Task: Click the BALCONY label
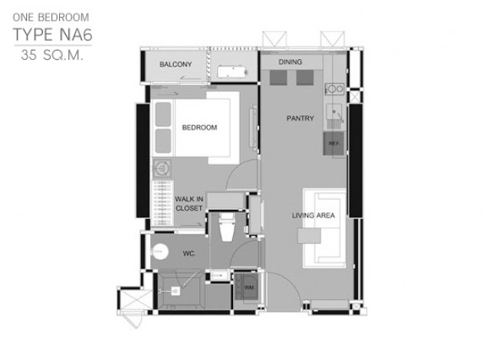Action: pyautogui.click(x=176, y=64)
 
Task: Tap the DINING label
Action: pyautogui.click(x=290, y=62)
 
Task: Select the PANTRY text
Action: pyautogui.click(x=301, y=118)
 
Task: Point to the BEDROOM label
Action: pyautogui.click(x=199, y=127)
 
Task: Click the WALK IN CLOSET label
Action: pyautogui.click(x=189, y=204)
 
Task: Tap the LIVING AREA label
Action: pyautogui.click(x=314, y=215)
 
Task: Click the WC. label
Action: pyautogui.click(x=189, y=254)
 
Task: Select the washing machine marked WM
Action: pyautogui.click(x=246, y=287)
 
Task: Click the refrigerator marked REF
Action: pyautogui.click(x=333, y=144)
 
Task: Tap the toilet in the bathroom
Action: pyautogui.click(x=227, y=227)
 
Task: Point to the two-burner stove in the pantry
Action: pyautogui.click(x=335, y=89)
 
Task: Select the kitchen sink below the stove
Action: pyautogui.click(x=334, y=110)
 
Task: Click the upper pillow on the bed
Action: pyautogui.click(x=163, y=114)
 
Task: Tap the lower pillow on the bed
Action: pyautogui.click(x=163, y=141)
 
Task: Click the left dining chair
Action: pyautogui.click(x=278, y=77)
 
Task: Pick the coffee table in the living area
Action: pyautogui.click(x=309, y=236)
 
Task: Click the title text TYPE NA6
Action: pyautogui.click(x=53, y=34)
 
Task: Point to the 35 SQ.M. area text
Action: pyautogui.click(x=52, y=55)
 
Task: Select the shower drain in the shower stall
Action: pyautogui.click(x=176, y=291)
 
